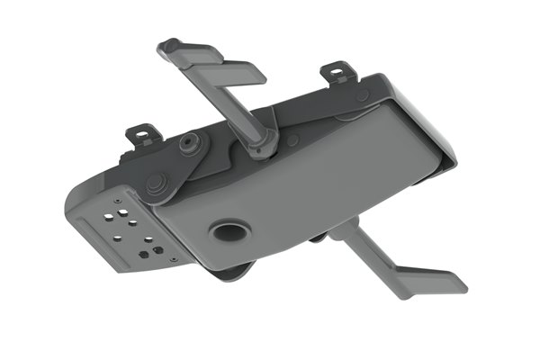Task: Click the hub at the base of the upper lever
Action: pyautogui.click(x=260, y=142)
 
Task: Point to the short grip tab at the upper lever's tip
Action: pyautogui.click(x=169, y=47)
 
